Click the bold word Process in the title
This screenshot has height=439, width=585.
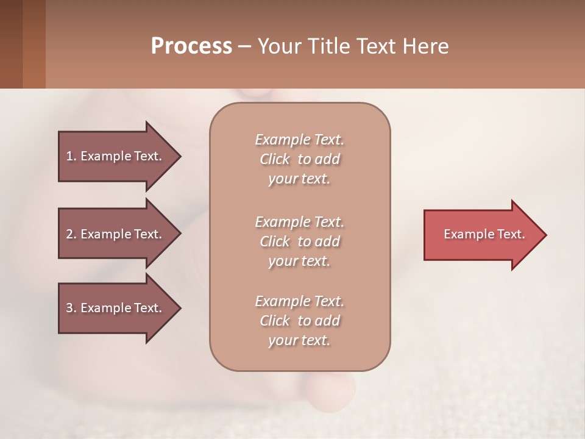tap(191, 46)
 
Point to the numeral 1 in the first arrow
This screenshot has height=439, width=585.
tap(69, 156)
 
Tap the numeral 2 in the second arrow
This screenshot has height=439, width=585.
tap(69, 234)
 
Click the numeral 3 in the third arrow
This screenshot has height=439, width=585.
tap(69, 308)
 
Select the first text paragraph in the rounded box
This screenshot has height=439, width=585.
tap(299, 159)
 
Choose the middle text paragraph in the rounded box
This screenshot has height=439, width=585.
tap(299, 241)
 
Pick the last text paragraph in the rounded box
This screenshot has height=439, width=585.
tap(299, 321)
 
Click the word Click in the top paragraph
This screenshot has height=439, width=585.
tap(274, 159)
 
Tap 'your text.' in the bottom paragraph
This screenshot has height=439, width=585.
tap(299, 340)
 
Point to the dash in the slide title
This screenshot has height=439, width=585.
tap(244, 46)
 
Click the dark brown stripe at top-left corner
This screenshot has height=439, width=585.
tap(11, 44)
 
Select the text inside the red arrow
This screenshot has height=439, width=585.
tap(484, 234)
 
